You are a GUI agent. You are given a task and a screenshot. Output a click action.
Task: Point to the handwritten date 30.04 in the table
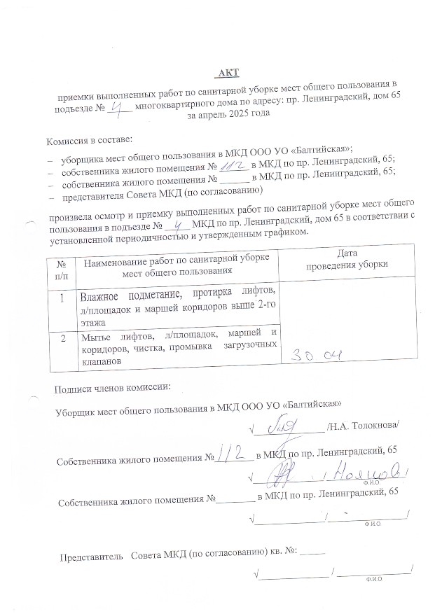coord(316,356)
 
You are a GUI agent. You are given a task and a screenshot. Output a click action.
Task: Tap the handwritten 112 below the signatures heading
coord(234,456)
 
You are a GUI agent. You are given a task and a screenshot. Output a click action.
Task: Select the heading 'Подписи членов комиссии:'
coord(111,388)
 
